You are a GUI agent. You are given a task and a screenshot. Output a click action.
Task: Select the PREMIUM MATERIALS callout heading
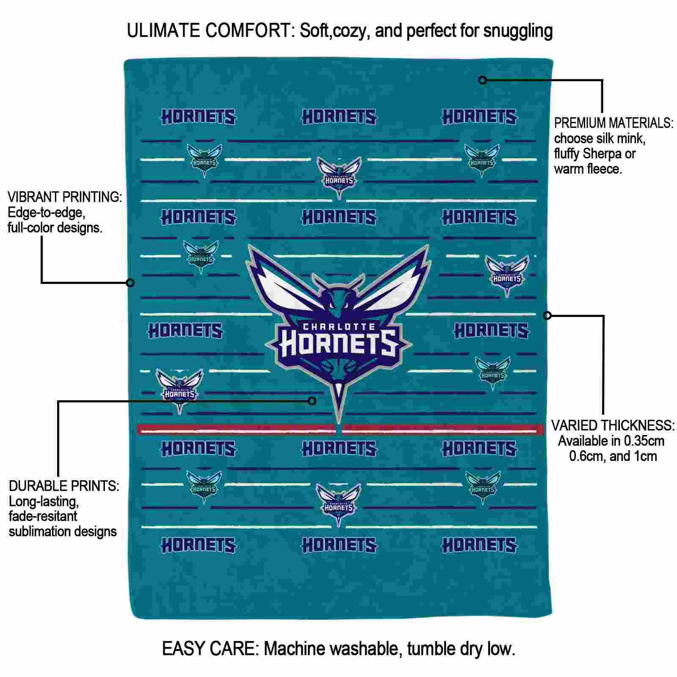tap(614, 123)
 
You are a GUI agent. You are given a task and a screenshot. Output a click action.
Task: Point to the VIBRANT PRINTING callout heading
tap(65, 197)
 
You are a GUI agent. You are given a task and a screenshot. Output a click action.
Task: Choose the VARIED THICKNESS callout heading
tap(613, 425)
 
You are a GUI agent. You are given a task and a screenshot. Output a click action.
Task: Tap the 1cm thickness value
tap(645, 456)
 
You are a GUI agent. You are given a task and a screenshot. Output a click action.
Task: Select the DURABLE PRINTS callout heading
tap(64, 486)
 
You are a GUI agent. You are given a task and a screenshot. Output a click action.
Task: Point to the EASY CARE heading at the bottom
tap(210, 649)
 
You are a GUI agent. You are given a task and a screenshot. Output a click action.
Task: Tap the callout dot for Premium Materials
tap(483, 80)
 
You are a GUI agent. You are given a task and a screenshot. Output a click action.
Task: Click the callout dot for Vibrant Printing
tap(130, 283)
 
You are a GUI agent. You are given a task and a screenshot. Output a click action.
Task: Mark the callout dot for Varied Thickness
tap(547, 315)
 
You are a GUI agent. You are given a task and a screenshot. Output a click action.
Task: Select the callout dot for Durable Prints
tap(312, 401)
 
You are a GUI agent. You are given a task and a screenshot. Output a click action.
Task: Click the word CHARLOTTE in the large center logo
tap(339, 326)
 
